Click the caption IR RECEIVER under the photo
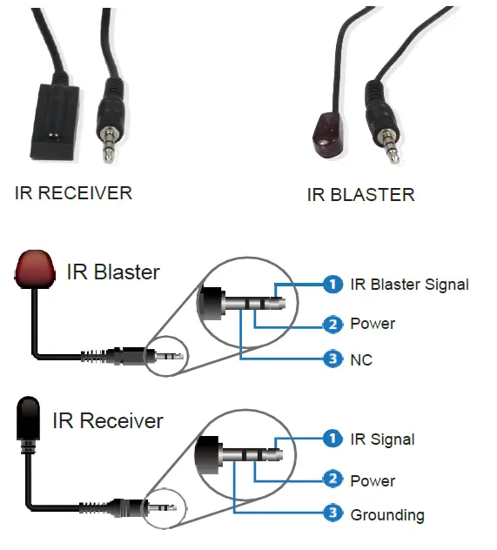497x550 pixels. (x=73, y=192)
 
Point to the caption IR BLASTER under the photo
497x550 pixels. (x=360, y=195)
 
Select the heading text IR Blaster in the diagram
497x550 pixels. (x=113, y=272)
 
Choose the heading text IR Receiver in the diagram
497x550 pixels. (x=107, y=421)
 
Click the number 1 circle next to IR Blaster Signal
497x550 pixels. (x=331, y=284)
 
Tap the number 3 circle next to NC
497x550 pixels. (x=331, y=359)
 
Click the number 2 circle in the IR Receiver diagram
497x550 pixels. (x=331, y=479)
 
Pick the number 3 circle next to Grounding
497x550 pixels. (x=331, y=514)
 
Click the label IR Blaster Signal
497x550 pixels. (x=409, y=285)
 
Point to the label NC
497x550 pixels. (x=361, y=359)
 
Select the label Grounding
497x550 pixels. (x=386, y=515)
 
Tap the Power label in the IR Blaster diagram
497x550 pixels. (x=373, y=324)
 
